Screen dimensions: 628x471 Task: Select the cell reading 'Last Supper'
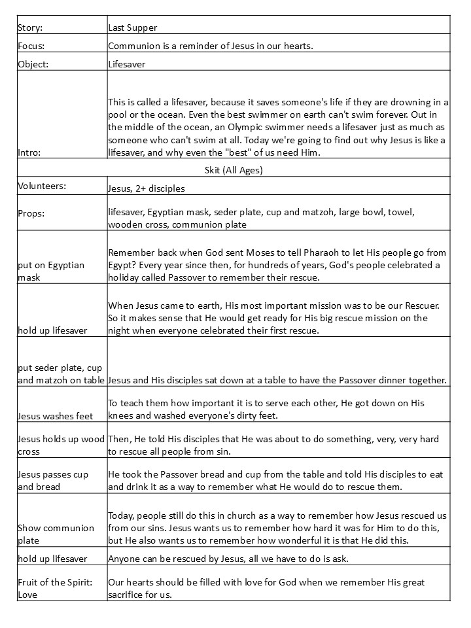point(133,28)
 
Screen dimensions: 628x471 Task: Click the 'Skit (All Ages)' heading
point(234,170)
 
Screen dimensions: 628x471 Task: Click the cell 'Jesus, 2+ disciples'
point(147,188)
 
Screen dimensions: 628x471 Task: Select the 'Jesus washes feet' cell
point(55,416)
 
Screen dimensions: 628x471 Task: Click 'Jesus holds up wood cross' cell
point(61,445)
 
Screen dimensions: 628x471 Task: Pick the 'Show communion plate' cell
point(56,534)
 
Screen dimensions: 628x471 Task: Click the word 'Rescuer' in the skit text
point(426,305)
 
